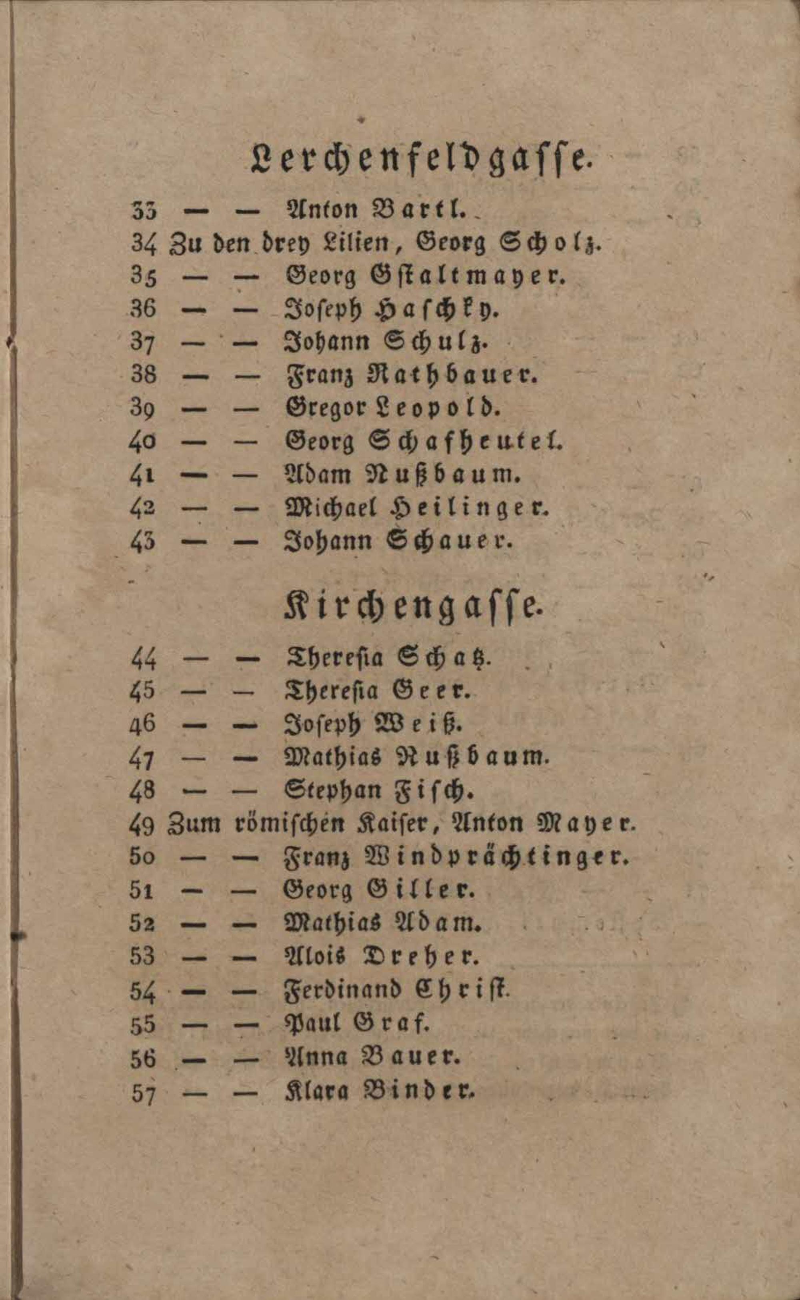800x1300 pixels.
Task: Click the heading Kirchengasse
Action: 413,608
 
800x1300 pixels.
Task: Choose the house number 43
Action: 142,542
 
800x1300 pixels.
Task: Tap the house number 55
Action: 142,1024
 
